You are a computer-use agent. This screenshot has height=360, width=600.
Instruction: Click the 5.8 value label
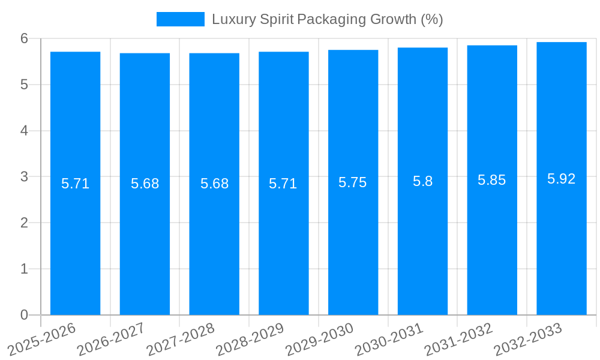(422, 181)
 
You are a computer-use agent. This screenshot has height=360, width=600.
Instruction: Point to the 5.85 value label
(491, 180)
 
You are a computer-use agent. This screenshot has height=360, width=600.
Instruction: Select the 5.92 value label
(561, 179)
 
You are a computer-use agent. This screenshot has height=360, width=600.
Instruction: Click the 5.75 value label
(353, 182)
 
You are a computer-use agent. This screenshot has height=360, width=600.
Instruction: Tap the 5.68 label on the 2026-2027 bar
(145, 184)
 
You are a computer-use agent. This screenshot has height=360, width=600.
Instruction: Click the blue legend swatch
(180, 19)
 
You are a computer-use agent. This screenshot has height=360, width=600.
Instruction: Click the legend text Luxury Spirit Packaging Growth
(327, 19)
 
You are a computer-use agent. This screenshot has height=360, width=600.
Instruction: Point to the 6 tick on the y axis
(25, 38)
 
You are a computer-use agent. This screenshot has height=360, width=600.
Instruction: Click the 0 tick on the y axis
(25, 315)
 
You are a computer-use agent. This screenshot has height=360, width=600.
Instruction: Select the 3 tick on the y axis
(25, 177)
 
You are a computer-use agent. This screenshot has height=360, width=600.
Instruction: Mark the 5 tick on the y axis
(25, 85)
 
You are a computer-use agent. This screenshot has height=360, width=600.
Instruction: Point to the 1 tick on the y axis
(25, 269)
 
